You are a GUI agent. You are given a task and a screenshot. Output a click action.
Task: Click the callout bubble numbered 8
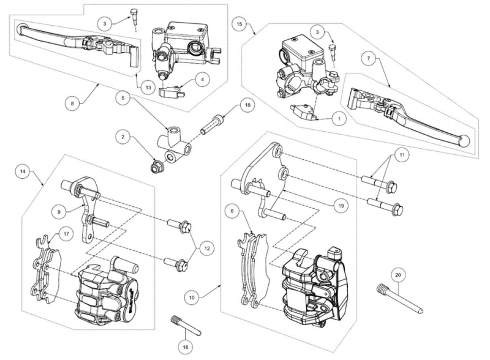click(x=72, y=103)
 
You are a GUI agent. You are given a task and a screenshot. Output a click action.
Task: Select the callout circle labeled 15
click(x=239, y=24)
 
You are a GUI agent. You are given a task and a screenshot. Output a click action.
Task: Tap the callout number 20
click(x=398, y=275)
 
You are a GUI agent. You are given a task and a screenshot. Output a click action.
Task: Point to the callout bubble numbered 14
click(x=23, y=171)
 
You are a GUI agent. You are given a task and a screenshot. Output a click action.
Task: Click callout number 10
click(x=192, y=297)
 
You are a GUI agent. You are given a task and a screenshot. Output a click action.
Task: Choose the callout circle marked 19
click(x=341, y=205)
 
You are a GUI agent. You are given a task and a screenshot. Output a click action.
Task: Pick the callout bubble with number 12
click(x=207, y=249)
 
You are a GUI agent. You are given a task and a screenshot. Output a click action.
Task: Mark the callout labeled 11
click(x=402, y=155)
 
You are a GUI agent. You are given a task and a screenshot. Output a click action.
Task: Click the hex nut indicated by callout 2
click(x=156, y=168)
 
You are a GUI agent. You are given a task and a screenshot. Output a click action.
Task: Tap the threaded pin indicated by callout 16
click(x=186, y=326)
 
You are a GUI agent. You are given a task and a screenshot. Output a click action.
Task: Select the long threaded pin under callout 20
click(x=400, y=298)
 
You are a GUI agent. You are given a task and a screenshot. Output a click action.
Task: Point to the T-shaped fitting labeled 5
click(x=175, y=141)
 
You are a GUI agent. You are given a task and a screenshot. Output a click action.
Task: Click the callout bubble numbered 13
click(x=148, y=88)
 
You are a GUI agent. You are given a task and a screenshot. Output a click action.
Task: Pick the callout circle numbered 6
click(x=232, y=211)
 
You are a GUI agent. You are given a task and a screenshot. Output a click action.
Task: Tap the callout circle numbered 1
click(x=340, y=118)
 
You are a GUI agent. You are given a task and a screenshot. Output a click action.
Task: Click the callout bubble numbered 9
click(x=59, y=212)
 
